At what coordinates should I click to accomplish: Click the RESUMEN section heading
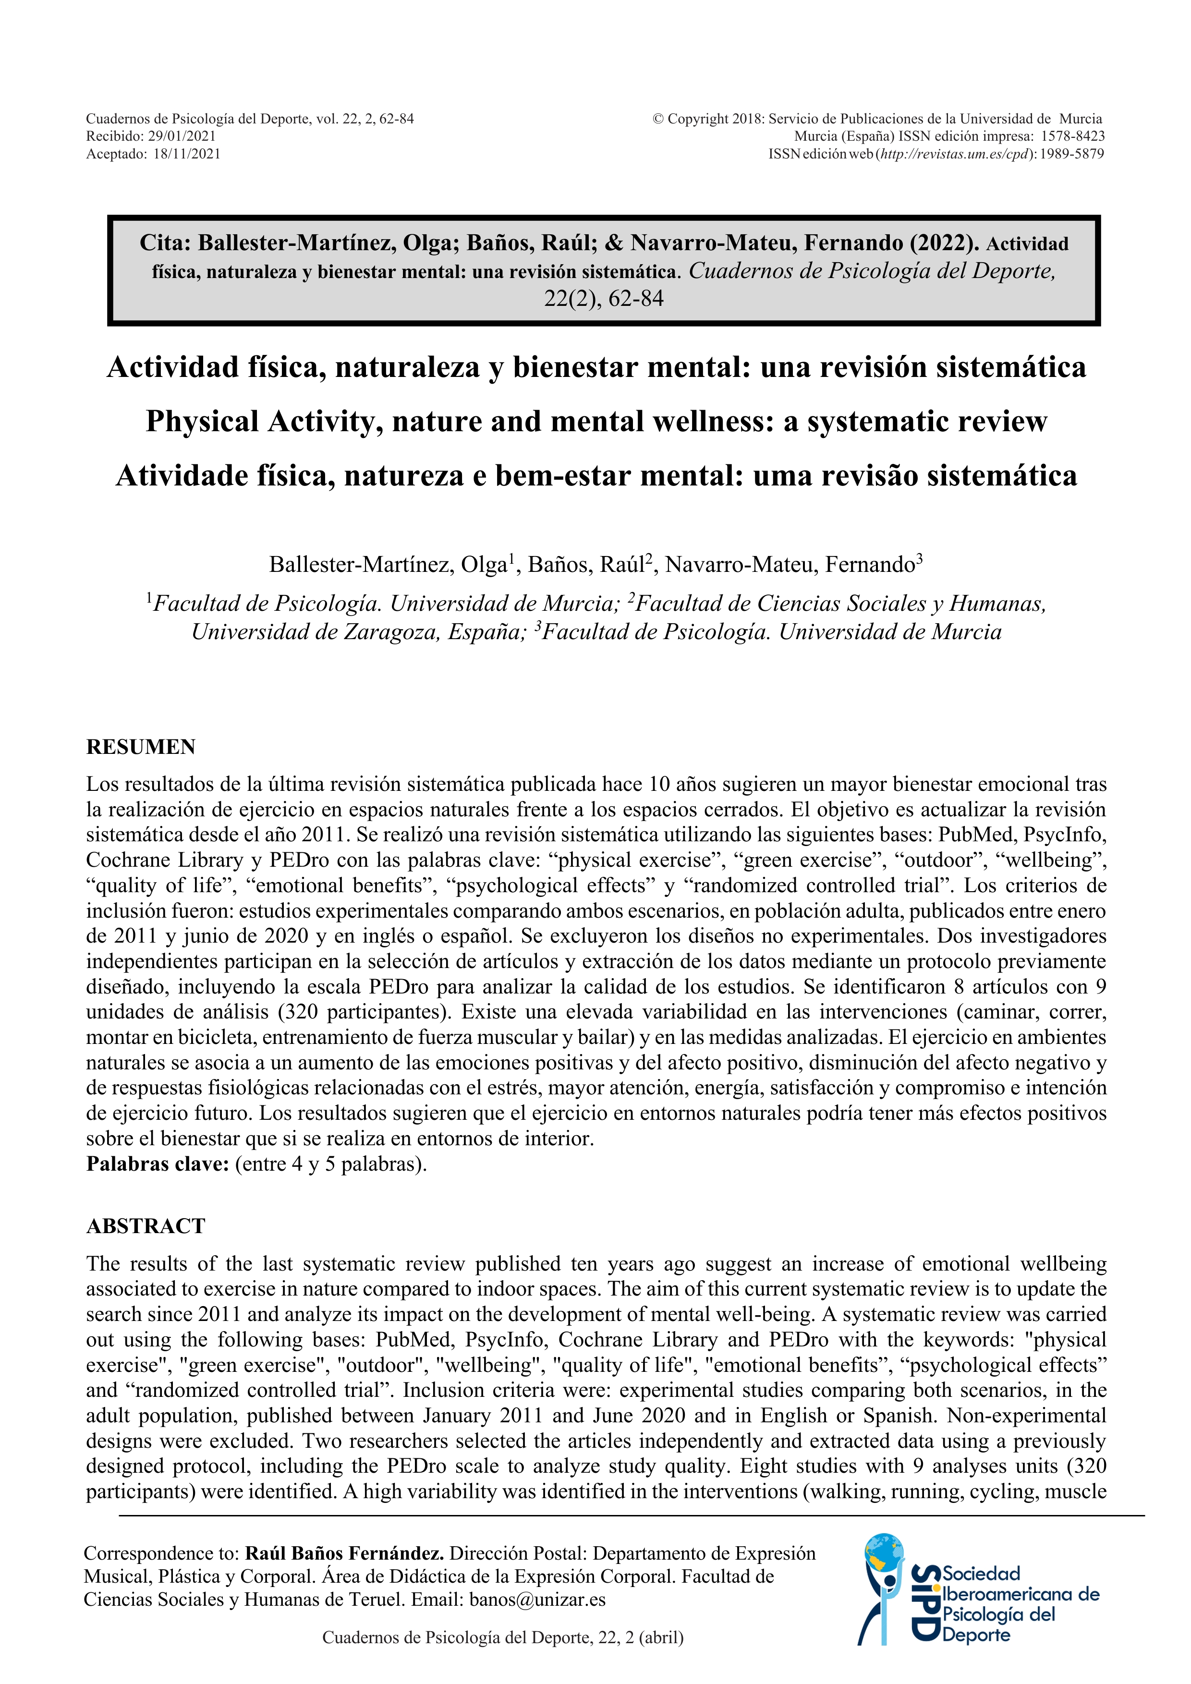141,747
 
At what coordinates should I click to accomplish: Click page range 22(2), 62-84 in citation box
604,299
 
